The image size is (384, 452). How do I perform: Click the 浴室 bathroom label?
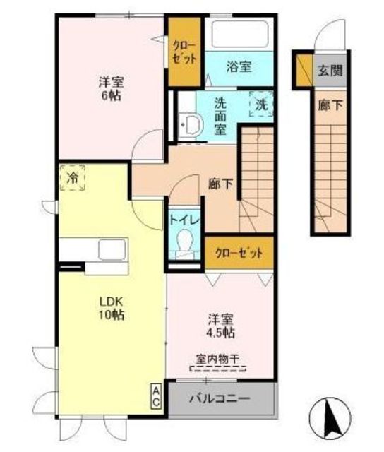pyautogui.click(x=239, y=69)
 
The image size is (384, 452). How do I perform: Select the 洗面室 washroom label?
pyautogui.click(x=220, y=116)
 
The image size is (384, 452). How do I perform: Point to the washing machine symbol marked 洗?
pyautogui.click(x=262, y=103)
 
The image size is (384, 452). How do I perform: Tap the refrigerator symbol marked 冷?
pyautogui.click(x=73, y=177)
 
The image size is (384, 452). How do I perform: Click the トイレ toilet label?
pyautogui.click(x=185, y=219)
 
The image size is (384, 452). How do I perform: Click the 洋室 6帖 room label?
pyautogui.click(x=110, y=87)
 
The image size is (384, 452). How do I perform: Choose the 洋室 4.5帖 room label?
pyautogui.click(x=220, y=325)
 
